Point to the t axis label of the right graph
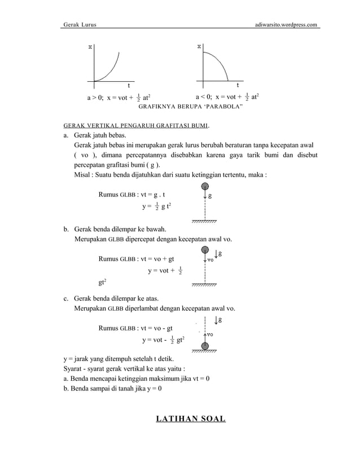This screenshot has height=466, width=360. click(238, 86)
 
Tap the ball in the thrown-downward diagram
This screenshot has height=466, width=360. click(205, 249)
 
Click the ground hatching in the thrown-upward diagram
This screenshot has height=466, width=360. click(205, 351)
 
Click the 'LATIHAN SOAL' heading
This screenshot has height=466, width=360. click(191, 419)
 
